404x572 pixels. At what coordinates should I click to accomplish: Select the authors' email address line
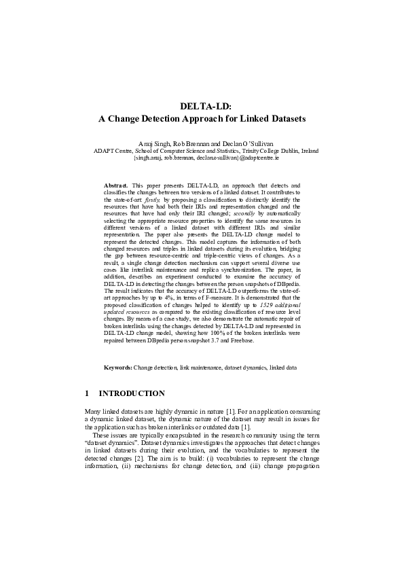pos(202,158)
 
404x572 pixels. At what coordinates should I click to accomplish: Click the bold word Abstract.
pos(115,185)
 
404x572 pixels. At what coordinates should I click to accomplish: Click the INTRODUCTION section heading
pos(132,393)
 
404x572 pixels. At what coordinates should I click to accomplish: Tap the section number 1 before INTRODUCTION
pos(87,393)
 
